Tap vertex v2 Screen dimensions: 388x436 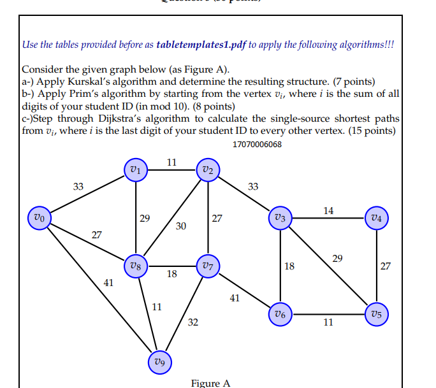pyautogui.click(x=208, y=169)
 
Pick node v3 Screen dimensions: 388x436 pyautogui.click(x=280, y=217)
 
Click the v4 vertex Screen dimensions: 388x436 pyautogui.click(x=377, y=217)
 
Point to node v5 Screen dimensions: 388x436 pyautogui.click(x=377, y=313)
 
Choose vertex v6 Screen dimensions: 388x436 pyautogui.click(x=280, y=313)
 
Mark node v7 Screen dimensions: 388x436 pyautogui.click(x=208, y=266)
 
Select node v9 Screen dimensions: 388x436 pyautogui.click(x=159, y=361)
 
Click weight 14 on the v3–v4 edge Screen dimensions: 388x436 pyautogui.click(x=328, y=210)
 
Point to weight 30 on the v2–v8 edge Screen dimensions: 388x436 pyautogui.click(x=181, y=226)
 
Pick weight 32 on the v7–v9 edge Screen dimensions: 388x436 pyautogui.click(x=193, y=322)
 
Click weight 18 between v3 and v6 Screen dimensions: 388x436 pyautogui.click(x=289, y=266)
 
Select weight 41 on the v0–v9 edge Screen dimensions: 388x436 pyautogui.click(x=108, y=282)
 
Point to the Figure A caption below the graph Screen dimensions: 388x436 pyautogui.click(x=210, y=383)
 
